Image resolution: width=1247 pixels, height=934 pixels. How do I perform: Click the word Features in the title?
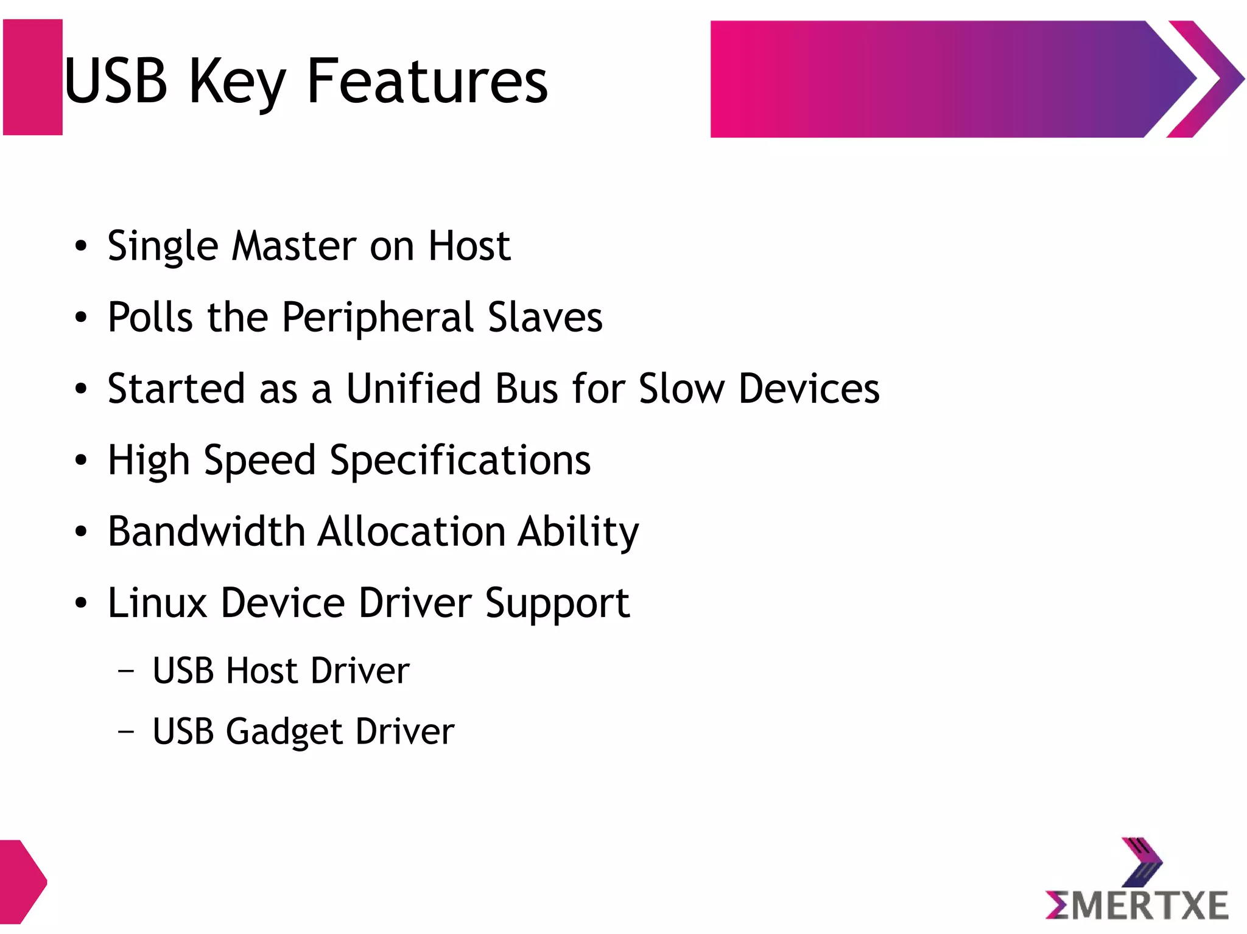pyautogui.click(x=427, y=81)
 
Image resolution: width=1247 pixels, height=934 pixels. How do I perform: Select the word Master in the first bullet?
pyautogui.click(x=293, y=246)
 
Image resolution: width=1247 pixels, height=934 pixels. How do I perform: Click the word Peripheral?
pyautogui.click(x=378, y=318)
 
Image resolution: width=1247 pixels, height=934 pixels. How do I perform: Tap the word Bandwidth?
pyautogui.click(x=206, y=531)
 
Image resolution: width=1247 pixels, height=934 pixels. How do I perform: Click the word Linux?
pyautogui.click(x=157, y=603)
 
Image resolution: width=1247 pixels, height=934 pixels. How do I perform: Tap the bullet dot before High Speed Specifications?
pyautogui.click(x=81, y=461)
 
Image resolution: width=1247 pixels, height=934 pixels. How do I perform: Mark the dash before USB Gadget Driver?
pyautogui.click(x=126, y=731)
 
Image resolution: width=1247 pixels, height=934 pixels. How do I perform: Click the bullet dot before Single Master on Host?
pyautogui.click(x=81, y=246)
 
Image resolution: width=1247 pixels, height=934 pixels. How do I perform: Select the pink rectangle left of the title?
pyautogui.click(x=33, y=77)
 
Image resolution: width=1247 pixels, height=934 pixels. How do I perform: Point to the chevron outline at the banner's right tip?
pyautogui.click(x=1208, y=79)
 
